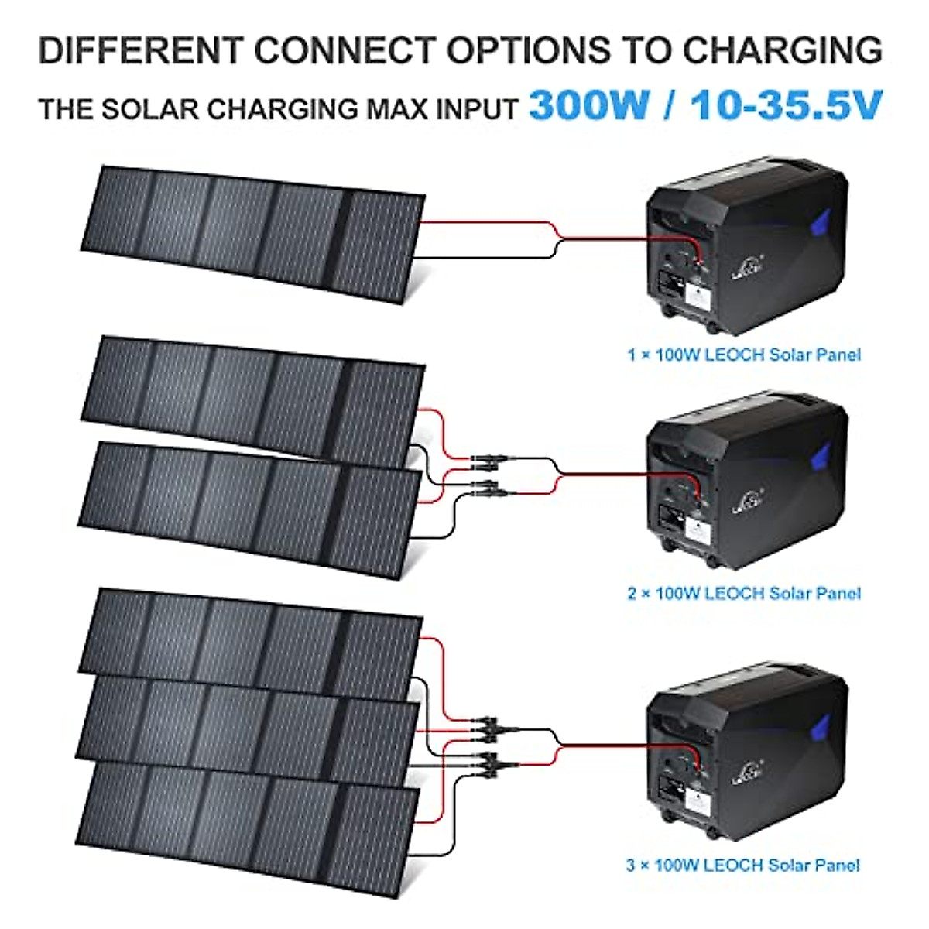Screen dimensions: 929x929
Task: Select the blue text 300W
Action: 589,105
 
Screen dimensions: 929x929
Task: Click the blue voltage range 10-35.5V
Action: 787,105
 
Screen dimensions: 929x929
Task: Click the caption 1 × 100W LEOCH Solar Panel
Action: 743,355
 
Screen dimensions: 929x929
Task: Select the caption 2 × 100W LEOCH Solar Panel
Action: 743,594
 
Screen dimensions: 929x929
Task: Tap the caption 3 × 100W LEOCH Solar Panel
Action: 742,865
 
